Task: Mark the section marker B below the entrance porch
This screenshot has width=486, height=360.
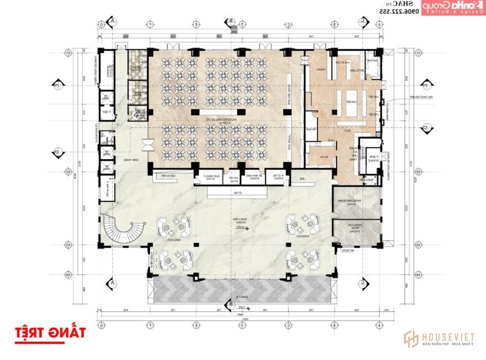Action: click(231, 304)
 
